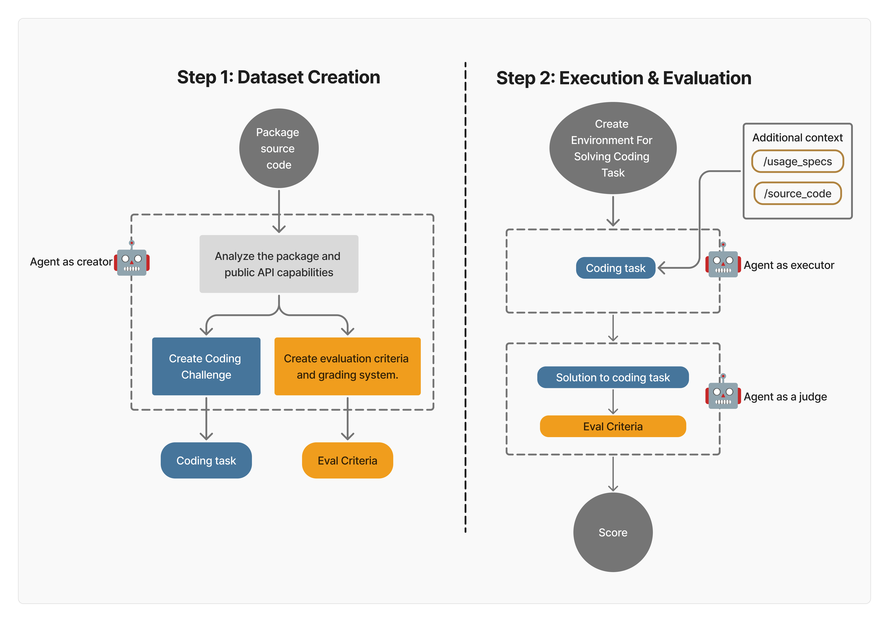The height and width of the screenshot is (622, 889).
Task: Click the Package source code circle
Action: [279, 148]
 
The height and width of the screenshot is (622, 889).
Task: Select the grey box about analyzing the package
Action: [279, 264]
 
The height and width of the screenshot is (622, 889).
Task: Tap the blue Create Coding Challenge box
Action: [206, 366]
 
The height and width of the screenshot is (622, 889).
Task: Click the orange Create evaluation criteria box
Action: [347, 366]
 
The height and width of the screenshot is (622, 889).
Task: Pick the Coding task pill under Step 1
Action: [206, 460]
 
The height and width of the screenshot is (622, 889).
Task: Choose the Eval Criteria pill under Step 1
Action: [347, 460]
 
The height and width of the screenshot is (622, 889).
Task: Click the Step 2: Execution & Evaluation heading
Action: [623, 78]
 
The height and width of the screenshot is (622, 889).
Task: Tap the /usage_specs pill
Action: [797, 161]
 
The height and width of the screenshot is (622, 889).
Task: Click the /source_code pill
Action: [797, 193]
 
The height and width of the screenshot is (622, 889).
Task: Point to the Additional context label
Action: [797, 138]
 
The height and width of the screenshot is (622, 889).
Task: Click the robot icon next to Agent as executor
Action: [723, 264]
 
